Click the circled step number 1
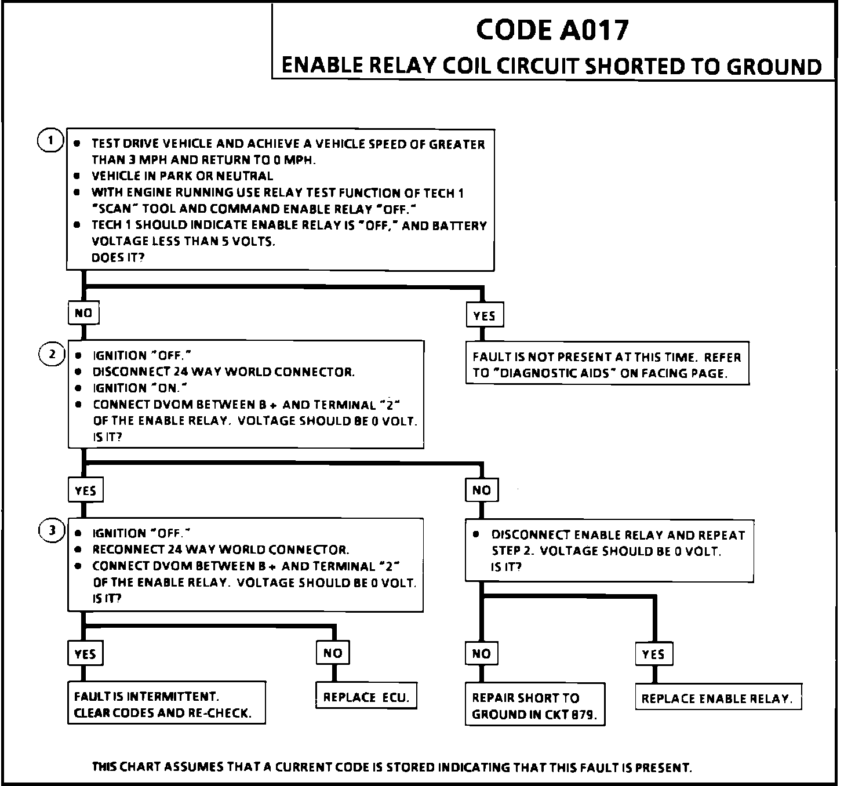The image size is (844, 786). pyautogui.click(x=50, y=140)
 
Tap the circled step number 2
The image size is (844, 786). pyautogui.click(x=51, y=353)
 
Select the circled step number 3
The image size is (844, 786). pyautogui.click(x=51, y=530)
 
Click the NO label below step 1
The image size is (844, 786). pyautogui.click(x=83, y=313)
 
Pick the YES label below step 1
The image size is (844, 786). pyautogui.click(x=484, y=315)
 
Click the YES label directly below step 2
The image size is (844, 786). pyautogui.click(x=85, y=490)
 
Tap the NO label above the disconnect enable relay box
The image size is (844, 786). pyautogui.click(x=482, y=490)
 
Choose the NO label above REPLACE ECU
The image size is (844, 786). pyautogui.click(x=333, y=653)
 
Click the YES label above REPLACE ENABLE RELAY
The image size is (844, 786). pyautogui.click(x=653, y=654)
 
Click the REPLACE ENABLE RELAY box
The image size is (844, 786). pyautogui.click(x=717, y=698)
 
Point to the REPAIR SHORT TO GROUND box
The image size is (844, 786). pyautogui.click(x=534, y=705)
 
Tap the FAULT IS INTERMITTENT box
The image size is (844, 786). pyautogui.click(x=166, y=704)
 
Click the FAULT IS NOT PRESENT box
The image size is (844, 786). pyautogui.click(x=607, y=365)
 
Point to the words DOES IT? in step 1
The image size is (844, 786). pyautogui.click(x=118, y=257)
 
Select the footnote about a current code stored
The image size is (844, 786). pyautogui.click(x=392, y=767)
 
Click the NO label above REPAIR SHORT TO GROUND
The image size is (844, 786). pyautogui.click(x=482, y=654)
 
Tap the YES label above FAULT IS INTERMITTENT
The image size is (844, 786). pyautogui.click(x=85, y=654)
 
